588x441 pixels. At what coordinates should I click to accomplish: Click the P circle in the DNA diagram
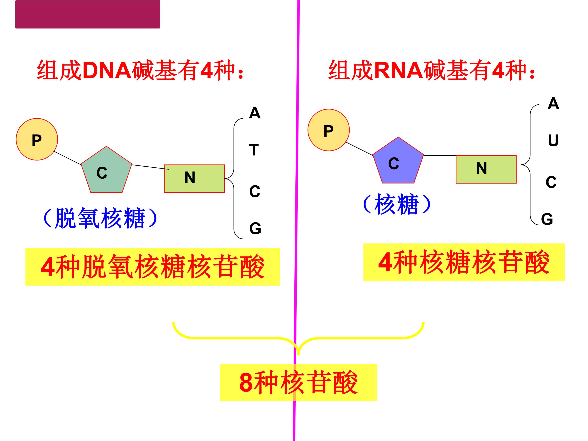click(37, 139)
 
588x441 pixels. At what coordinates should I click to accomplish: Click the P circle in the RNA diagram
click(329, 130)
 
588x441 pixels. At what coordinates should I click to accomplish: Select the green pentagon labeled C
click(106, 170)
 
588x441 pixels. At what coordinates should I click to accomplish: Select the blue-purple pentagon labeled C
click(398, 161)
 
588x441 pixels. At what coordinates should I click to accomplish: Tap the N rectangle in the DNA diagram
click(194, 178)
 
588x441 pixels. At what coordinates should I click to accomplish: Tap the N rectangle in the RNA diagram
click(486, 169)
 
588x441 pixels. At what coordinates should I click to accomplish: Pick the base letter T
click(254, 150)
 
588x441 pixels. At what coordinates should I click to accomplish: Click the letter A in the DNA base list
click(255, 113)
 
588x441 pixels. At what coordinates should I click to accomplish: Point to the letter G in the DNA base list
click(255, 228)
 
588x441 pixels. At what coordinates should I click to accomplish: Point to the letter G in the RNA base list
click(547, 219)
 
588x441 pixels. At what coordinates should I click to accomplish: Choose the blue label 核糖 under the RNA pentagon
click(397, 204)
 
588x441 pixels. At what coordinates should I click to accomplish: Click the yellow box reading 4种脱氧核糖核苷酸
click(153, 267)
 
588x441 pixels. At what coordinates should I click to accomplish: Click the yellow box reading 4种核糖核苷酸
click(464, 262)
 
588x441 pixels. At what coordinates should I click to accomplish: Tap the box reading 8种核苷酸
click(298, 383)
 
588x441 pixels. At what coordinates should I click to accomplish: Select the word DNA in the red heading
click(107, 70)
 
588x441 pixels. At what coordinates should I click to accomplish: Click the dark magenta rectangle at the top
click(88, 14)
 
